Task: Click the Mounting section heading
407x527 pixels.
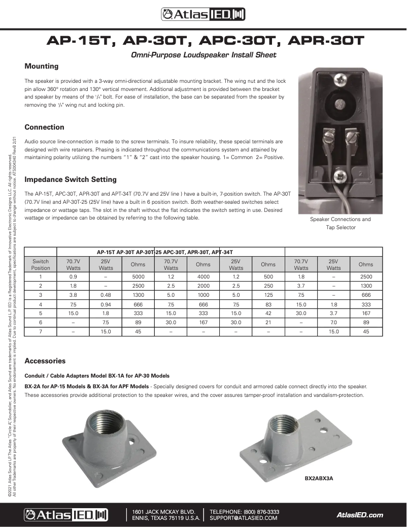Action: [x=42, y=66]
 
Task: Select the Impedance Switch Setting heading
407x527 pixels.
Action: [x=71, y=179]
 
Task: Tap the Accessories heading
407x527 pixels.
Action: [x=45, y=361]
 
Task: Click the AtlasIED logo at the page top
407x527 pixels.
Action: [x=203, y=15]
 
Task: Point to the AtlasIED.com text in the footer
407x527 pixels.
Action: [x=360, y=515]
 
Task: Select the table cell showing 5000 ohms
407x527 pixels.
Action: [x=138, y=276]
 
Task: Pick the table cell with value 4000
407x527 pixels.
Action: [x=203, y=276]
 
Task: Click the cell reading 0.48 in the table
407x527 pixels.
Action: [x=106, y=295]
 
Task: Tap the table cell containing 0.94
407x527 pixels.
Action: [x=106, y=304]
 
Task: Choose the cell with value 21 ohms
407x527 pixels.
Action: [x=268, y=322]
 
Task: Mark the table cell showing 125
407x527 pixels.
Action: [x=268, y=295]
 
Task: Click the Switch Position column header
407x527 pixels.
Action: [x=41, y=264]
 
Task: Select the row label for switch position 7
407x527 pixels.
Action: [x=41, y=331]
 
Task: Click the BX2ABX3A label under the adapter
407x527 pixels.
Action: [x=318, y=478]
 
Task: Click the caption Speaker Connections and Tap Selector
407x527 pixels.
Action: [x=341, y=223]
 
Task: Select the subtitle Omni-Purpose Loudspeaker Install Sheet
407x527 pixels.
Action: [x=203, y=55]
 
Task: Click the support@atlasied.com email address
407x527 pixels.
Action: [x=244, y=518]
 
